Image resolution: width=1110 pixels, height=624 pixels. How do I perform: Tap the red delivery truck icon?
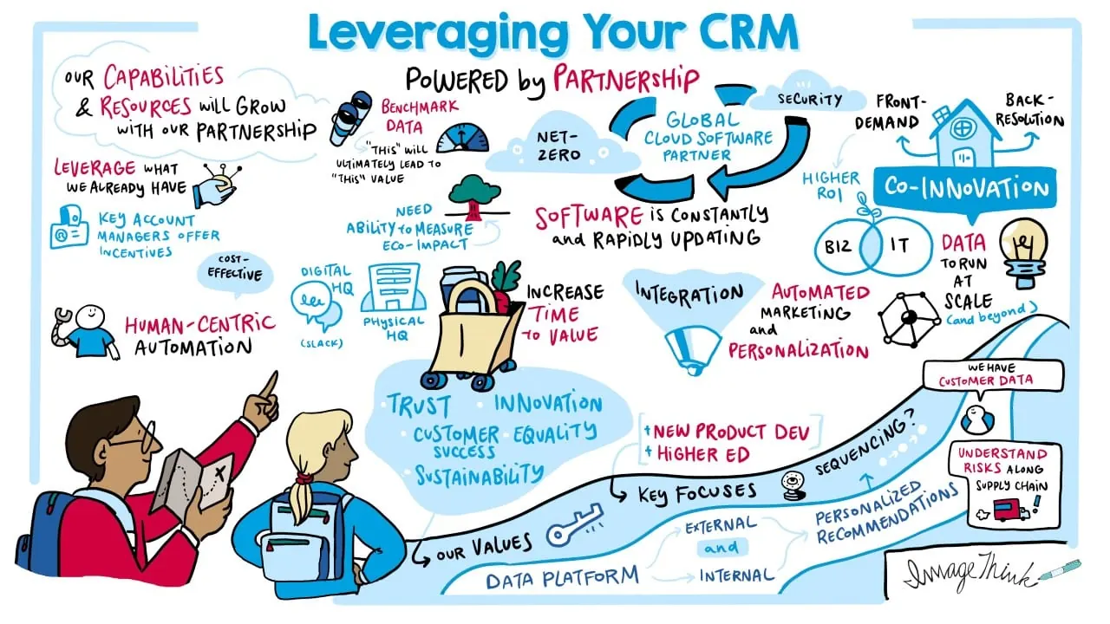tap(1010, 510)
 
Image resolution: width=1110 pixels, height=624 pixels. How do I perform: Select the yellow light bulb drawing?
tap(1024, 252)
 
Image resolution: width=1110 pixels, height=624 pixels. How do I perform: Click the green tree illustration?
tap(474, 197)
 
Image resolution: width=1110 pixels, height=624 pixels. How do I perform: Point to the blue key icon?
tap(574, 524)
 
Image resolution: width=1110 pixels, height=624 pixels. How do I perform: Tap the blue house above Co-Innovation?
tap(963, 133)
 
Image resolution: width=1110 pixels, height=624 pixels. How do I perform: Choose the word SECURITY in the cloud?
tap(810, 100)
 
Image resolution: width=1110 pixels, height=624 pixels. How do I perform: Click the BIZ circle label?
tap(838, 246)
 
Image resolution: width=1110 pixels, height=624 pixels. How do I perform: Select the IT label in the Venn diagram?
tap(899, 245)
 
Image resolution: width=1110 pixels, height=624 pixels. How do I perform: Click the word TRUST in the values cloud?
tap(419, 405)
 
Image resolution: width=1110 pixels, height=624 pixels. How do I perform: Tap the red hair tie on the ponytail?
tap(303, 478)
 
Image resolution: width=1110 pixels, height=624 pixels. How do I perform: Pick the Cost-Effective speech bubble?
tap(235, 271)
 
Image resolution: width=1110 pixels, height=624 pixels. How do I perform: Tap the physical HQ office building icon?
tap(394, 287)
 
